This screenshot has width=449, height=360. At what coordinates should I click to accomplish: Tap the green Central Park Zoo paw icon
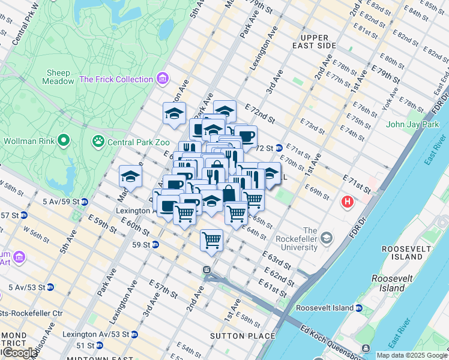[98, 142]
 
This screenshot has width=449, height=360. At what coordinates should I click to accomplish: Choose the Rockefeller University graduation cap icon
[327, 238]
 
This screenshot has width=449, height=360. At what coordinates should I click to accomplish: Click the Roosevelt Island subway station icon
[358, 308]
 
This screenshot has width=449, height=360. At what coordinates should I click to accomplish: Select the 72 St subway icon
[279, 148]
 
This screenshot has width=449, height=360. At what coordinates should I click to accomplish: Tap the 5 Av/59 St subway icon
[85, 202]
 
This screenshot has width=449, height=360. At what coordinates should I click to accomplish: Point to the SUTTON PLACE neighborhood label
[243, 336]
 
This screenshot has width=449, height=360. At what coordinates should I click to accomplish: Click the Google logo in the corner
[19, 353]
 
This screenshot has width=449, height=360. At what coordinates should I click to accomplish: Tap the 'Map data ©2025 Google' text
[412, 355]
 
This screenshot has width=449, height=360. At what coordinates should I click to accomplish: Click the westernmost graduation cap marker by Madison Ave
[130, 177]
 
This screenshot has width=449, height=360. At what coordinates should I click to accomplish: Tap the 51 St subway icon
[99, 345]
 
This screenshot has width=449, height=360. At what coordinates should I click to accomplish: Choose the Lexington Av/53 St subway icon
[108, 334]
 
